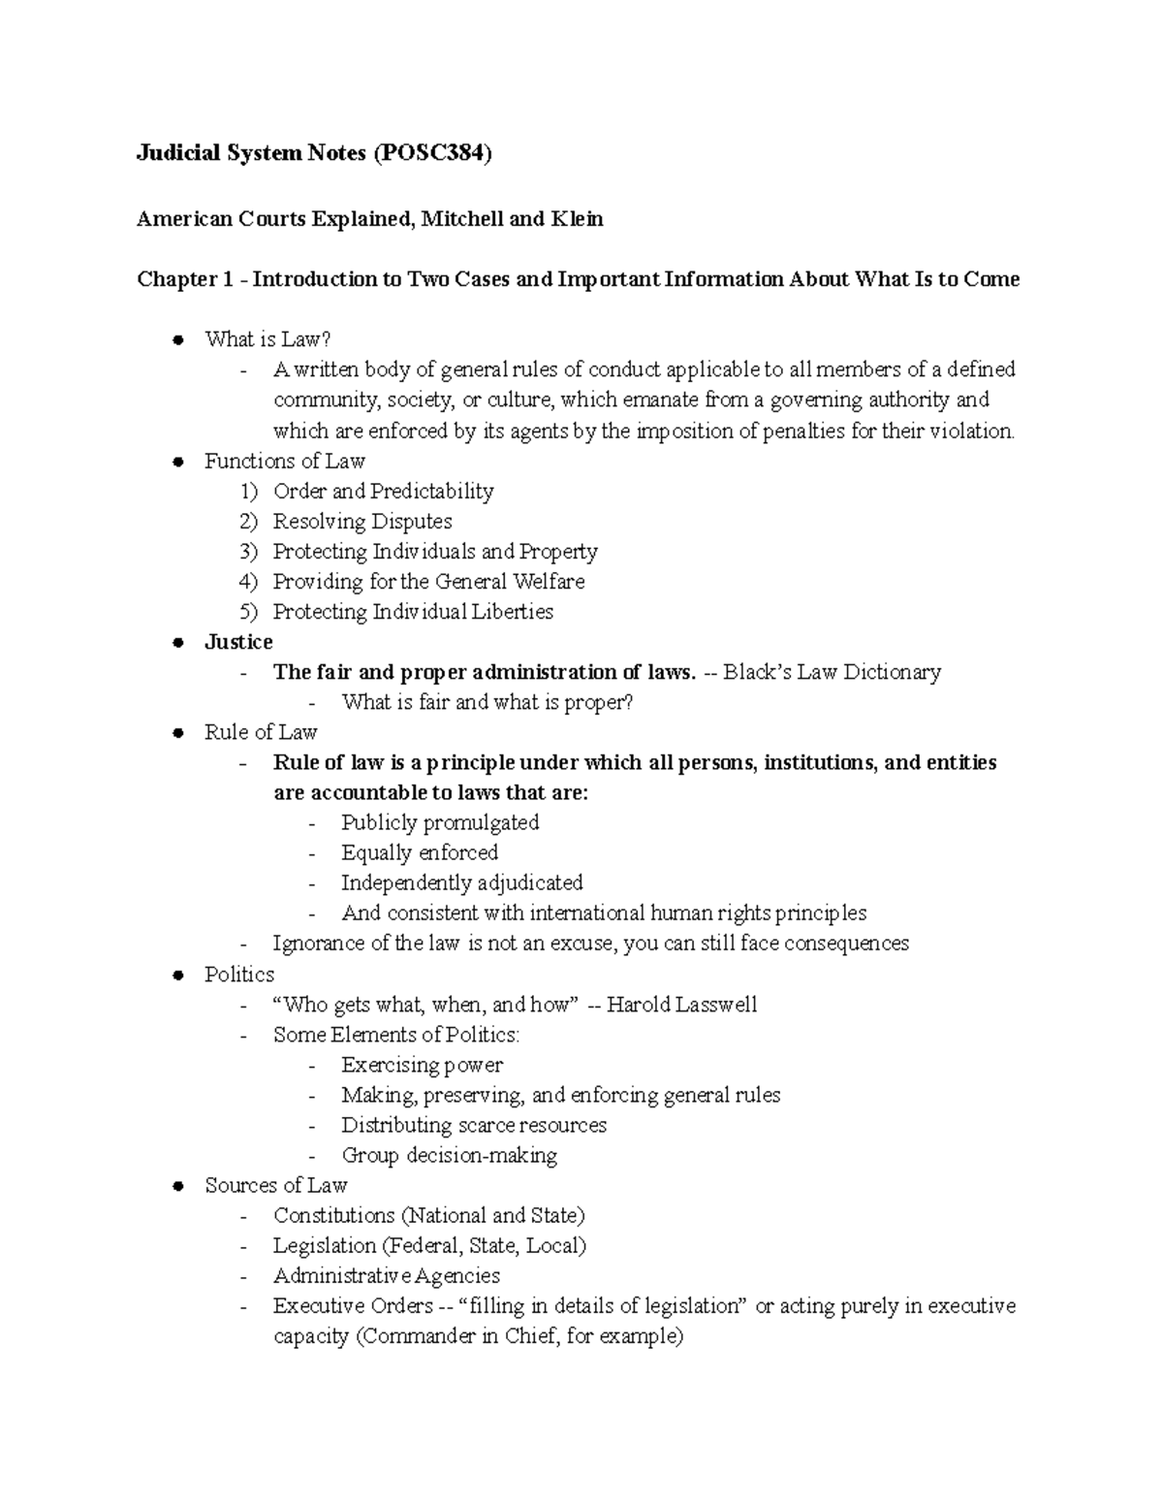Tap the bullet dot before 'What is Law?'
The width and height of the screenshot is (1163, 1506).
[x=177, y=339]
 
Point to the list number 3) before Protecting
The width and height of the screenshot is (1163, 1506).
[x=249, y=552]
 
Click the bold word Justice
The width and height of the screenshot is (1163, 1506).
[x=238, y=642]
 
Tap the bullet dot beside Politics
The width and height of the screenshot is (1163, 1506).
[x=177, y=976]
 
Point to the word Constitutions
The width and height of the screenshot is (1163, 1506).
[x=334, y=1215]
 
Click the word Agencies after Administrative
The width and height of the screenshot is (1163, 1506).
[x=457, y=1276]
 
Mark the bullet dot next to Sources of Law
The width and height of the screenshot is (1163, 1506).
[x=177, y=1186]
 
